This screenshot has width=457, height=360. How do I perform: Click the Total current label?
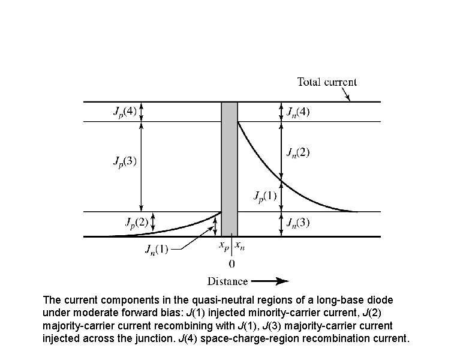pyautogui.click(x=327, y=82)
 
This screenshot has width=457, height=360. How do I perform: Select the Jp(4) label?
pyautogui.click(x=125, y=112)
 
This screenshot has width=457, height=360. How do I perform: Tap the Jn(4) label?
pyautogui.click(x=298, y=112)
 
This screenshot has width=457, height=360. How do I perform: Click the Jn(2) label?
pyautogui.click(x=298, y=152)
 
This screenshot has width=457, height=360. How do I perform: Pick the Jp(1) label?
pyautogui.click(x=265, y=196)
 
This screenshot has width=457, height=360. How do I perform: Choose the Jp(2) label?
pyautogui.click(x=137, y=223)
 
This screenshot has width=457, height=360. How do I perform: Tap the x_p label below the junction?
pyautogui.click(x=221, y=245)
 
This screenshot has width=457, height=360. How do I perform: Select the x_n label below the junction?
pyautogui.click(x=239, y=245)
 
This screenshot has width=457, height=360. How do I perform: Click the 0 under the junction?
pyautogui.click(x=231, y=263)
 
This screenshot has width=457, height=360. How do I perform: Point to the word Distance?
pyautogui.click(x=227, y=281)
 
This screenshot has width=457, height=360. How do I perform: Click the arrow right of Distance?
pyautogui.click(x=270, y=281)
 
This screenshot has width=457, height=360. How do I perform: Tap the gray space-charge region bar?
pyautogui.click(x=229, y=168)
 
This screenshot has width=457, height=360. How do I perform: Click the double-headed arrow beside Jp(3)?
pyautogui.click(x=141, y=167)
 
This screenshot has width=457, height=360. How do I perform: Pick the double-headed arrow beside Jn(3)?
pyautogui.click(x=281, y=224)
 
